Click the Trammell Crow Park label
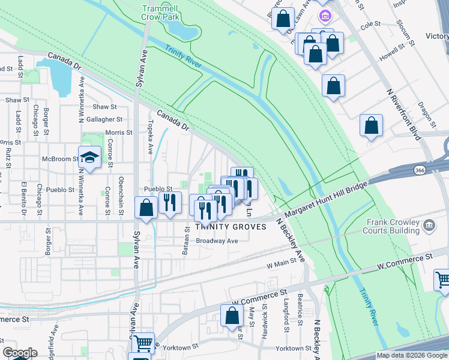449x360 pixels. pos(161,13)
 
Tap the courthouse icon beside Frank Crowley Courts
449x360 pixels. pos(429,226)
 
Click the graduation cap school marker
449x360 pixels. pos(89,157)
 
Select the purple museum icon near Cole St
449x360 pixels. pos(325,16)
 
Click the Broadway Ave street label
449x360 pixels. pos(217,241)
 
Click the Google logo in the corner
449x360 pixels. pos(20,353)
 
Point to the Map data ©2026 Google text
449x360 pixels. pos(411,355)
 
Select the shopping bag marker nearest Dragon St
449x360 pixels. pos(371,126)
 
